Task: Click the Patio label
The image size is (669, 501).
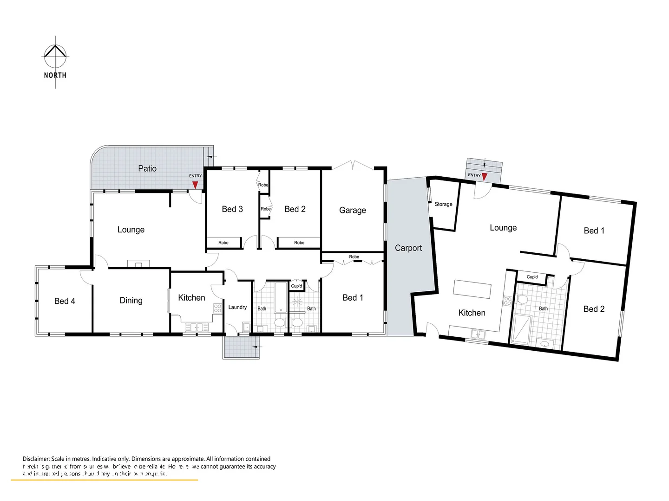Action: (x=147, y=168)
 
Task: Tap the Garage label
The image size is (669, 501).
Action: (x=352, y=210)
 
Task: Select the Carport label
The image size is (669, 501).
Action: (x=408, y=248)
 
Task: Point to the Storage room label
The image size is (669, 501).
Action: (x=443, y=204)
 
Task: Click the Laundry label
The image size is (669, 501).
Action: (x=237, y=307)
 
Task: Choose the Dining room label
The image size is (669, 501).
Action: (x=131, y=301)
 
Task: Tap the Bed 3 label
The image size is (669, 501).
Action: (x=232, y=209)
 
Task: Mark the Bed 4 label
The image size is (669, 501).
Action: (x=65, y=301)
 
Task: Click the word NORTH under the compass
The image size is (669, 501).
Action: (x=55, y=75)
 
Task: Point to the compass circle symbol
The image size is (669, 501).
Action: (x=55, y=56)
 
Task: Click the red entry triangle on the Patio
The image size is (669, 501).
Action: (x=195, y=185)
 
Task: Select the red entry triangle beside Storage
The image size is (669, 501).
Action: (x=485, y=177)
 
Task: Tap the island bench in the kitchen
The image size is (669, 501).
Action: (x=472, y=289)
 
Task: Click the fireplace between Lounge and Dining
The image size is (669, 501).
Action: (x=138, y=264)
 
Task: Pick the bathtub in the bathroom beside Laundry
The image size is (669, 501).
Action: (x=281, y=297)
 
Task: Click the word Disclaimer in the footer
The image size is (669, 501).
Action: (x=36, y=459)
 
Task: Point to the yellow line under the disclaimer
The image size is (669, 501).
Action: (x=105, y=480)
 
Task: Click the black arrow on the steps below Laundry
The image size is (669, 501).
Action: (x=256, y=346)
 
